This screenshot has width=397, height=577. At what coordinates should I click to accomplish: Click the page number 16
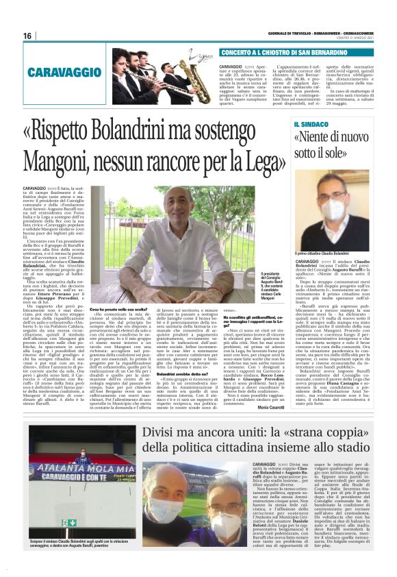pyautogui.click(x=27, y=36)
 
